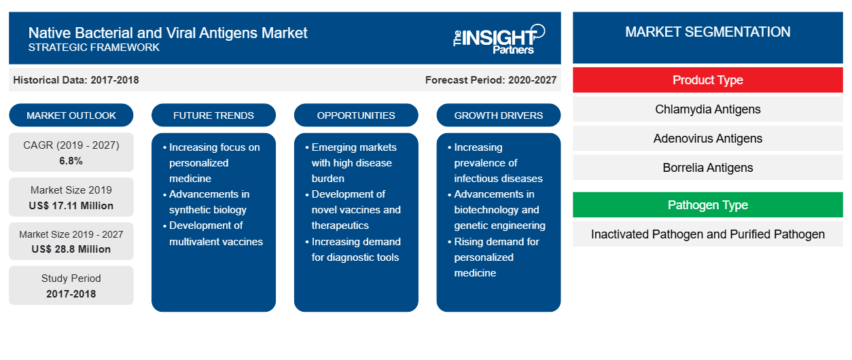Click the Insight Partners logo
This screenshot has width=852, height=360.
pyautogui.click(x=499, y=39)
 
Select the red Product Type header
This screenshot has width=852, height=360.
pyautogui.click(x=707, y=80)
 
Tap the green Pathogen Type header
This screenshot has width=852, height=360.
pyautogui.click(x=707, y=205)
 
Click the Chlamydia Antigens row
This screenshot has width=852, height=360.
pyautogui.click(x=707, y=109)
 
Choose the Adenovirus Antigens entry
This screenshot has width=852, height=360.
pyautogui.click(x=707, y=139)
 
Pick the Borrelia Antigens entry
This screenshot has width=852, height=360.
pyautogui.click(x=707, y=168)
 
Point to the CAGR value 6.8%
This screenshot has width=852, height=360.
pyautogui.click(x=71, y=161)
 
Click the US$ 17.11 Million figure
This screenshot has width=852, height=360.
pyautogui.click(x=71, y=206)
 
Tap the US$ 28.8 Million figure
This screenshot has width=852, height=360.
pyautogui.click(x=71, y=249)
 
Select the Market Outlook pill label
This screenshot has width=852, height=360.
pyautogui.click(x=71, y=115)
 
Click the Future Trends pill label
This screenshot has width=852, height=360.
pyautogui.click(x=213, y=115)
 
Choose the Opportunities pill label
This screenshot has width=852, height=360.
pyautogui.click(x=356, y=115)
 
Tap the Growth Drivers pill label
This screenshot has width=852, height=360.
pyautogui.click(x=498, y=115)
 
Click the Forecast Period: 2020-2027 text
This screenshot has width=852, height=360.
pyautogui.click(x=491, y=80)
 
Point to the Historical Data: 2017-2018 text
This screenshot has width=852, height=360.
pyautogui.click(x=76, y=80)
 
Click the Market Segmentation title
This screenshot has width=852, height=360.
pyautogui.click(x=707, y=32)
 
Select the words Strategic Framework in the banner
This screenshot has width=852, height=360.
pyautogui.click(x=94, y=48)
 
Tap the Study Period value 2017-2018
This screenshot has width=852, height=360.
pyautogui.click(x=71, y=294)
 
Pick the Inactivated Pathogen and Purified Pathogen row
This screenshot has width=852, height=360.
pyautogui.click(x=707, y=234)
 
